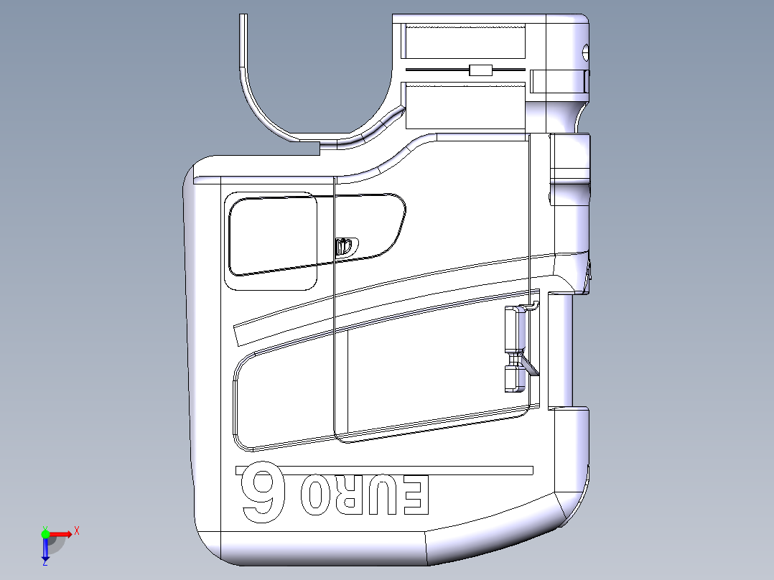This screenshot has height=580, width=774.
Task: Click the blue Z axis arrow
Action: (45, 551)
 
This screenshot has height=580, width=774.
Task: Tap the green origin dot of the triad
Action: (45, 533)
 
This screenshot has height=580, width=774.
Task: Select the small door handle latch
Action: (345, 246)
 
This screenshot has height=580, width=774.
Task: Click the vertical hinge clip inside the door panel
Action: (514, 348)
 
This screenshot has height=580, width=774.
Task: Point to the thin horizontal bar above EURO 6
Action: (384, 470)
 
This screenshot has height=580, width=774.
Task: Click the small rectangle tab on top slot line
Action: (480, 70)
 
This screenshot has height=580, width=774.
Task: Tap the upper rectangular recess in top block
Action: (463, 41)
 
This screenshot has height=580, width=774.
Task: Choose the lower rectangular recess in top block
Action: (463, 106)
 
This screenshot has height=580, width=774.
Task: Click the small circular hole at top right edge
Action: (585, 52)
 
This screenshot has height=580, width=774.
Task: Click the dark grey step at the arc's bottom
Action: (307, 149)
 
